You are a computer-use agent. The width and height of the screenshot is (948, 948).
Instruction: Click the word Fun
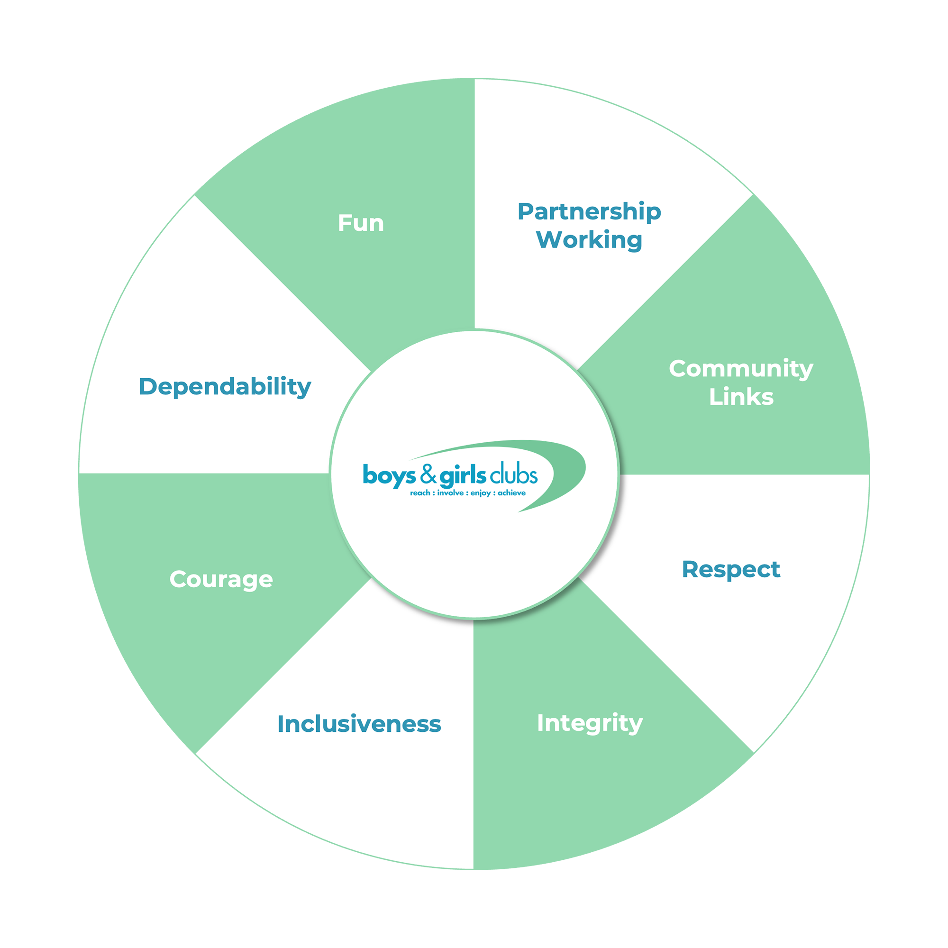click(361, 223)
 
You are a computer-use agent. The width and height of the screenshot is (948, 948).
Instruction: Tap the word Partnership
click(589, 212)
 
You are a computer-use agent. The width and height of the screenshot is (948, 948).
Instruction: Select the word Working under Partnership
click(589, 240)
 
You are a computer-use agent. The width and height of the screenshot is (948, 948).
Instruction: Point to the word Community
click(741, 369)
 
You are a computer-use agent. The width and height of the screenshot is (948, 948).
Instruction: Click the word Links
click(741, 397)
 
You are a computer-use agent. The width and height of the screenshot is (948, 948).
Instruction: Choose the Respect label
click(731, 570)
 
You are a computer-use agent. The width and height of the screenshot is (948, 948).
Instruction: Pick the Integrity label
click(589, 723)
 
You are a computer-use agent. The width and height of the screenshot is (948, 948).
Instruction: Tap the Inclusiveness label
click(359, 724)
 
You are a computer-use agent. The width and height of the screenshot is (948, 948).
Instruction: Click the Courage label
click(221, 580)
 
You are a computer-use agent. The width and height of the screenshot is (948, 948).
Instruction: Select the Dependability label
click(225, 387)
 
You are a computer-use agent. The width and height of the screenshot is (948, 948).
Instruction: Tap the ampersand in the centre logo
click(428, 474)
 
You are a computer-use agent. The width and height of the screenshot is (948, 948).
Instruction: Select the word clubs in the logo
click(514, 474)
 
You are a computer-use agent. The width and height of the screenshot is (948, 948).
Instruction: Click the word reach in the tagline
click(420, 493)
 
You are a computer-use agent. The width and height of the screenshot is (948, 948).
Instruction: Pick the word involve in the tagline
click(450, 493)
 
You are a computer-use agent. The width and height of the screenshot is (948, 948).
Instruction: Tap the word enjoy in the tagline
click(480, 493)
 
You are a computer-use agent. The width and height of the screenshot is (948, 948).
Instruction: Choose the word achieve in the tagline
click(511, 493)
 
